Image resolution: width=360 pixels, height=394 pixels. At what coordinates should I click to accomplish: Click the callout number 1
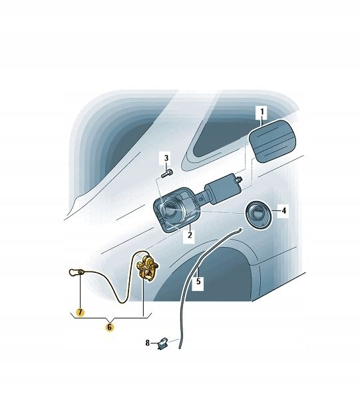pyautogui.click(x=262, y=112)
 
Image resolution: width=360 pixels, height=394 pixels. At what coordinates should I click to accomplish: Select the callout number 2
pyautogui.click(x=190, y=235)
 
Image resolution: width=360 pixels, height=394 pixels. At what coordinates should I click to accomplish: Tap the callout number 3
pyautogui.click(x=166, y=158)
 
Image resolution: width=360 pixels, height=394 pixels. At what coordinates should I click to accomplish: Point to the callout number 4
pyautogui.click(x=283, y=210)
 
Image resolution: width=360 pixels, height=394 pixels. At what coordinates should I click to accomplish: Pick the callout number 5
pyautogui.click(x=198, y=282)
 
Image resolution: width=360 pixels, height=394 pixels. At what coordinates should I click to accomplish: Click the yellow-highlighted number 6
pyautogui.click(x=109, y=327)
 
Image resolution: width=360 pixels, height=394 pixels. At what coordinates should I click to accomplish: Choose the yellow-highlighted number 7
pyautogui.click(x=80, y=312)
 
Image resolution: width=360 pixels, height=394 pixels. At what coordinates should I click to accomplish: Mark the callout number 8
pyautogui.click(x=148, y=343)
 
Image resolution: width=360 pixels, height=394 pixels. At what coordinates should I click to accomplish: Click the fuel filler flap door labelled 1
pyautogui.click(x=273, y=141)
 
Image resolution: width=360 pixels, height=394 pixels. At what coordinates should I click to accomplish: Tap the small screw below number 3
pyautogui.click(x=167, y=174)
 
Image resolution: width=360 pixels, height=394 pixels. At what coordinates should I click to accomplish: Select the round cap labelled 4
pyautogui.click(x=258, y=216)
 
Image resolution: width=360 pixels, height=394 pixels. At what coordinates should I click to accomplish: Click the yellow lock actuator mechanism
pyautogui.click(x=148, y=269)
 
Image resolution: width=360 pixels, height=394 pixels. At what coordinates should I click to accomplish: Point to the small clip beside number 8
pyautogui.click(x=163, y=343)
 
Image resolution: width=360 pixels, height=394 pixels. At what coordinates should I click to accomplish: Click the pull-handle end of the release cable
pyautogui.click(x=75, y=272)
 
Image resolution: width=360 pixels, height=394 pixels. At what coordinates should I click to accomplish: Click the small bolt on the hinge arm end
pyautogui.click(x=239, y=179)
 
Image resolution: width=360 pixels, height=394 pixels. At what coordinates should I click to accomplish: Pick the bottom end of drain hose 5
pyautogui.click(x=180, y=348)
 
